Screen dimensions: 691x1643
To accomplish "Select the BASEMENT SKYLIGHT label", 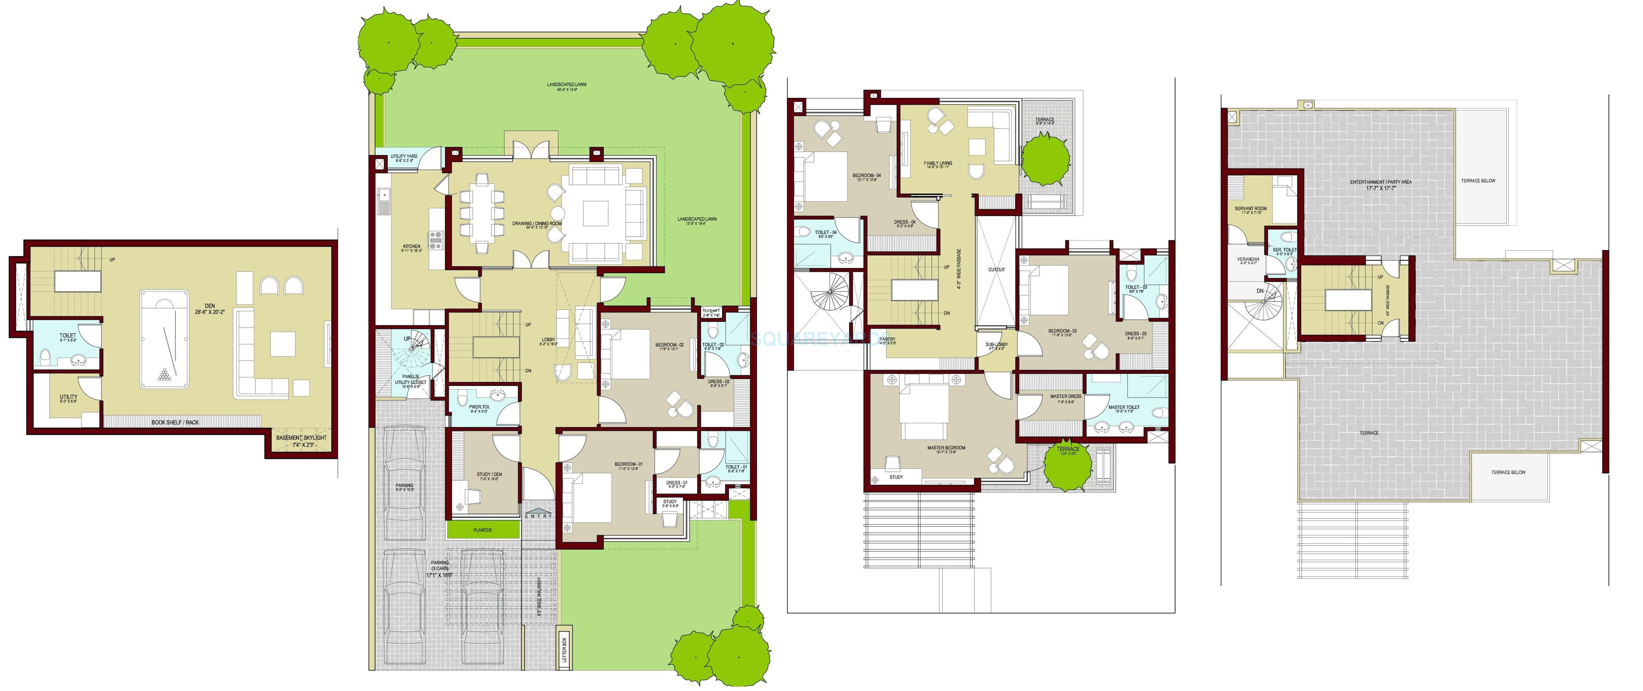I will pyautogui.click(x=301, y=438).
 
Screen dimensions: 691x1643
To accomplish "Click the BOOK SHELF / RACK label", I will pyautogui.click(x=175, y=422).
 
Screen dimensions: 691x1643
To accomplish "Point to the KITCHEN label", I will pyautogui.click(x=411, y=246).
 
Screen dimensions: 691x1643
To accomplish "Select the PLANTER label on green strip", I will pyautogui.click(x=482, y=530).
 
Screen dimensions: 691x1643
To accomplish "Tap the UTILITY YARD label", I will pyautogui.click(x=404, y=156).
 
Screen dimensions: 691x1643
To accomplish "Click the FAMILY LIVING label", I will pyautogui.click(x=937, y=163).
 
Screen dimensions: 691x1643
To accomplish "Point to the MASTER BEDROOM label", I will pyautogui.click(x=946, y=448).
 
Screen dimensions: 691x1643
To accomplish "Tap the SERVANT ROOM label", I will pyautogui.click(x=1250, y=209).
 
